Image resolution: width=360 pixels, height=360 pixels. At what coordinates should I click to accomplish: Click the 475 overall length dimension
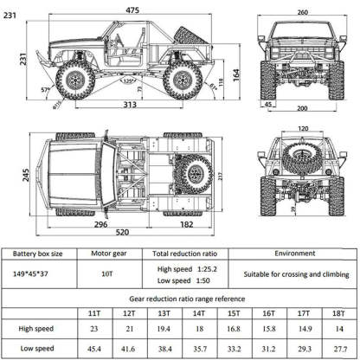tap(132, 9)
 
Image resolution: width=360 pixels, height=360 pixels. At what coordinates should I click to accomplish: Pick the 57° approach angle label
tap(45, 89)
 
